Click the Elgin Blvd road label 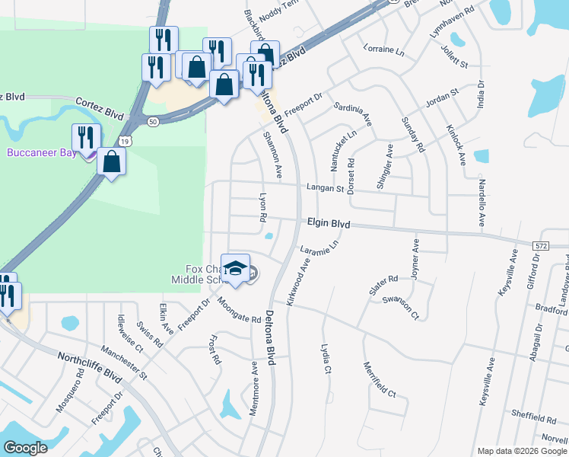(329, 224)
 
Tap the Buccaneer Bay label (38, 152)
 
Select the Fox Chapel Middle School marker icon (236, 270)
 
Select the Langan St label (326, 187)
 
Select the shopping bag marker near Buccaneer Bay (112, 161)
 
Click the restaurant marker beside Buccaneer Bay (84, 137)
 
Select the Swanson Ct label (401, 306)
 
